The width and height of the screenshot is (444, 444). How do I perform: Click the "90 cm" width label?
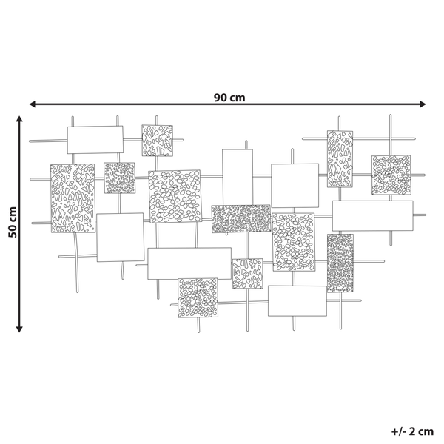[x=229, y=98]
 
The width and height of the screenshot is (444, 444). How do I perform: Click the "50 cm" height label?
[x=13, y=222]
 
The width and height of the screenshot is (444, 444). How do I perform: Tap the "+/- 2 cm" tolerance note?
[x=412, y=431]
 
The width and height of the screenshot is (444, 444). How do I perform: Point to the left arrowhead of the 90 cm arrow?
[x=33, y=104]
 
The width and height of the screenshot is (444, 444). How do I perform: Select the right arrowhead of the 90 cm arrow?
[x=423, y=104]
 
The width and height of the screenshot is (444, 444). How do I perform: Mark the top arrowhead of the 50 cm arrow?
[x=19, y=119]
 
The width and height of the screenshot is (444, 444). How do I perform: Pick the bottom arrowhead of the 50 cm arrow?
[x=19, y=329]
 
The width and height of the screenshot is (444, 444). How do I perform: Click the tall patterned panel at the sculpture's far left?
[x=73, y=198]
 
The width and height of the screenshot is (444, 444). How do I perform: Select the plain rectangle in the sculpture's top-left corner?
[x=95, y=140]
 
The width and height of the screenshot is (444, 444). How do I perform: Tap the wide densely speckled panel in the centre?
[x=241, y=219]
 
